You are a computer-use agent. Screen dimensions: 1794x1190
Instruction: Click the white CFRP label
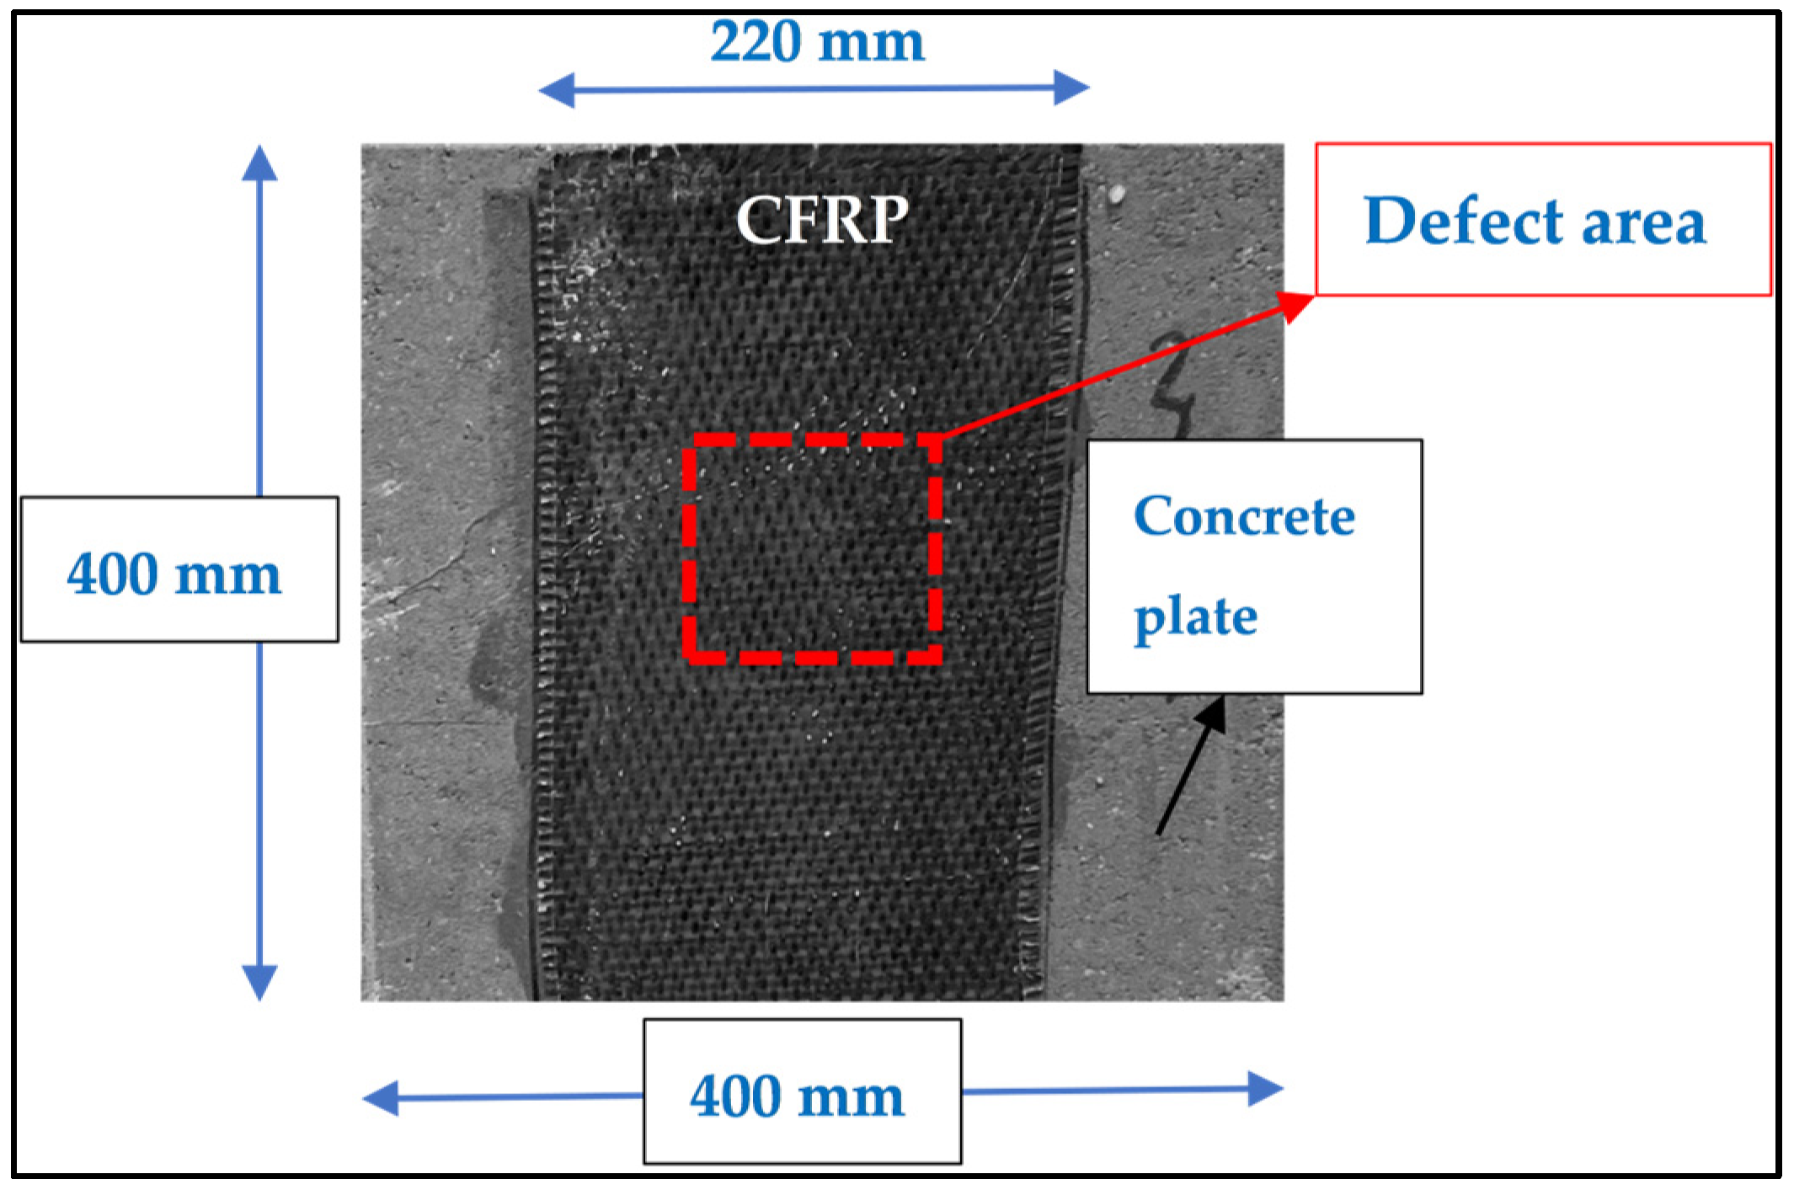pos(822,220)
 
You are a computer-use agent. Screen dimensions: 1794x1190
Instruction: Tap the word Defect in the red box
pos(1463,221)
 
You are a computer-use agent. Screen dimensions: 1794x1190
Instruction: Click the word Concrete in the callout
pos(1244,516)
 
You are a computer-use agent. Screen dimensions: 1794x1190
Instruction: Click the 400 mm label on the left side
pos(174,575)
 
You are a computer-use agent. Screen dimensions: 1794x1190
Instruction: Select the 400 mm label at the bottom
pos(797,1097)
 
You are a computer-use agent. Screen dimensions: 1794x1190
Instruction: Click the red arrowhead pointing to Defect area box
pos(1297,305)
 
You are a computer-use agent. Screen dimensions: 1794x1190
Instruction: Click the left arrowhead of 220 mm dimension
pos(556,90)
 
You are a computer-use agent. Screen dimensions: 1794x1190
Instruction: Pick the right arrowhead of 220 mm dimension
pos(1071,88)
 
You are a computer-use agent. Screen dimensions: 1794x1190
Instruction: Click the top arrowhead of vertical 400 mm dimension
pos(259,163)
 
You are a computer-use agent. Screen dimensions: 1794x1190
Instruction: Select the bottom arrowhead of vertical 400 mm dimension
pos(259,983)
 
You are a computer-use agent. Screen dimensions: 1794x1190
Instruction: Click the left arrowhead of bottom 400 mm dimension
pos(381,1099)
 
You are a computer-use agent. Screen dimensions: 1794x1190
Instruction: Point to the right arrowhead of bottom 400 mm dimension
pos(1265,1089)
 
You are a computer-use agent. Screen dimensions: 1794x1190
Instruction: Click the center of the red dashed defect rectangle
pos(812,548)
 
